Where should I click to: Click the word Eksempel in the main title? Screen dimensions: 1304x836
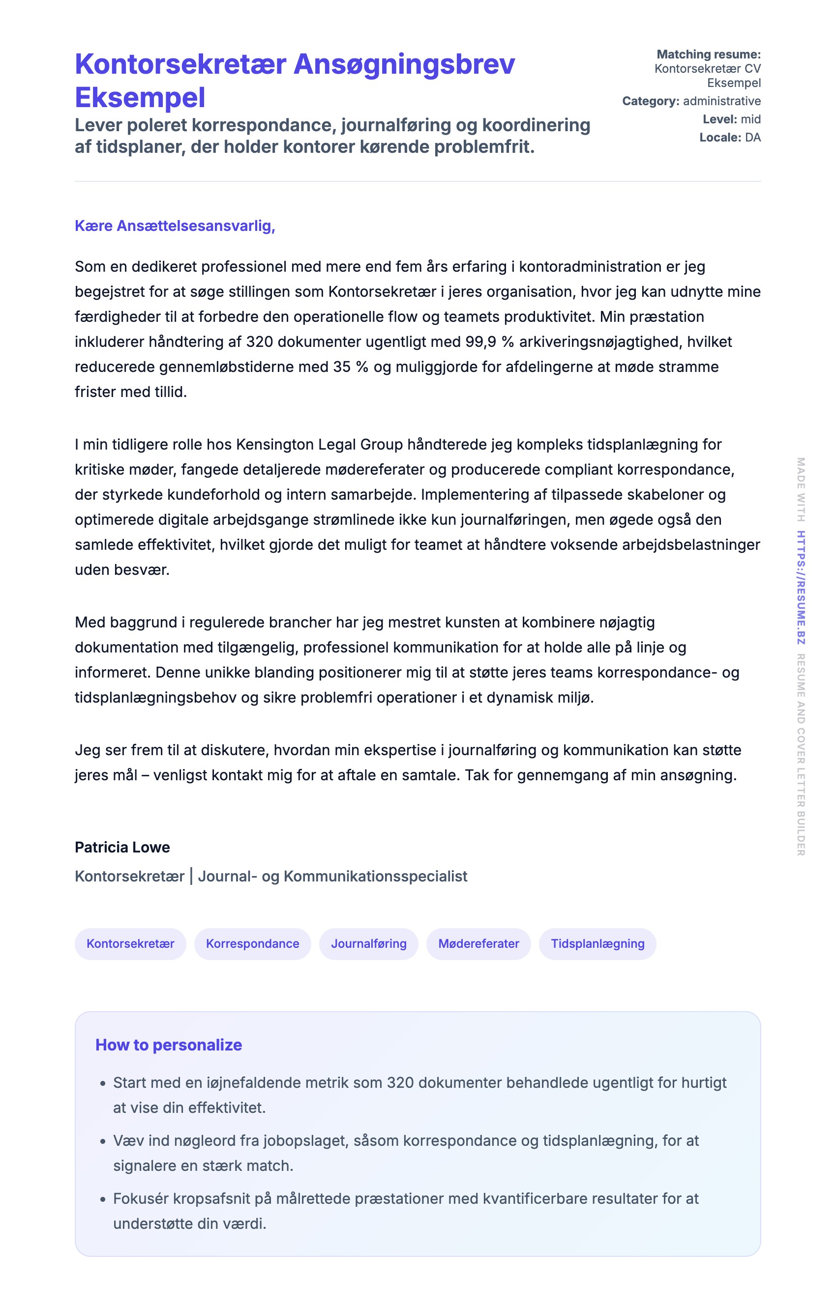coord(140,98)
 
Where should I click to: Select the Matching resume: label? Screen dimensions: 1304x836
coord(709,54)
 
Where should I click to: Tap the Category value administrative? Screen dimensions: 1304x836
coord(721,101)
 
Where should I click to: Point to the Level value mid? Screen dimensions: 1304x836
coord(751,119)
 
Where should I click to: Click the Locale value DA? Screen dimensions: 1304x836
coord(752,137)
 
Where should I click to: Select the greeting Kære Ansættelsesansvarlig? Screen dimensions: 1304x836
coord(175,226)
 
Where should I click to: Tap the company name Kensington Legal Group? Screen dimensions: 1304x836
coord(319,444)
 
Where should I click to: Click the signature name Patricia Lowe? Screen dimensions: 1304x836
coord(122,847)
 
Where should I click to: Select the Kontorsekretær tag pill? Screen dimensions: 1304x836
coord(130,944)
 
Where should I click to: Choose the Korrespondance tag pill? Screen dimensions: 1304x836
coord(252,944)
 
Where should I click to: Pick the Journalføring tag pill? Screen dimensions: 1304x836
coord(369,944)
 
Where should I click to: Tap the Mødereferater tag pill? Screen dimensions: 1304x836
coord(478,944)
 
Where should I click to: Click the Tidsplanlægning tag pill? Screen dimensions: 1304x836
coord(597,944)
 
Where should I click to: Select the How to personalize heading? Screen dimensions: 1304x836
coord(168,1045)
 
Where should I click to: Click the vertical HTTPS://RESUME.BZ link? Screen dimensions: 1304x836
coord(801,588)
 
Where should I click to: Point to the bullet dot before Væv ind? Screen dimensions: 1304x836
coord(103,1142)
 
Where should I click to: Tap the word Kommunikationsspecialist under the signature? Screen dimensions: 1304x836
coord(375,876)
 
